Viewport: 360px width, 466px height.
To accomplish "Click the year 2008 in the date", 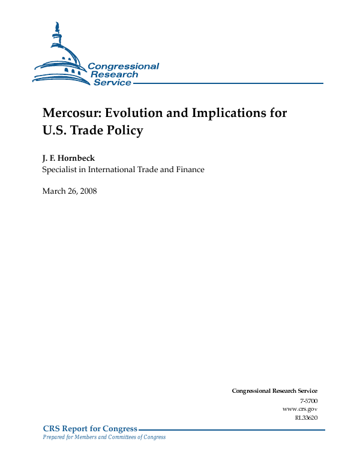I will [86, 191].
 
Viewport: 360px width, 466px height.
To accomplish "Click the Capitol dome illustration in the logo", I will [60, 57].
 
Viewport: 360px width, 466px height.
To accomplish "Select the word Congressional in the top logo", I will [123, 67].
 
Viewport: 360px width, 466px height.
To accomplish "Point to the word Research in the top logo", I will [114, 74].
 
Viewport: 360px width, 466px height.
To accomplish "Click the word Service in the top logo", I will [112, 83].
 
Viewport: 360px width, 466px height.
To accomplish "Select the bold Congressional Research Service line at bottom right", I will [274, 391].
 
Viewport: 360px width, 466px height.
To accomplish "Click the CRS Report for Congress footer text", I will [90, 429].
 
